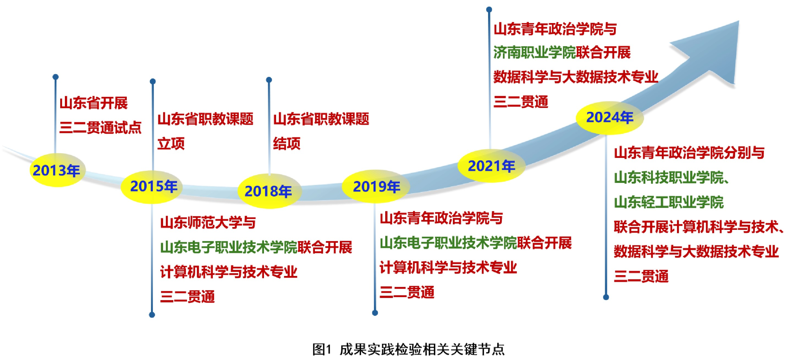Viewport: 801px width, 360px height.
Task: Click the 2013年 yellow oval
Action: coord(57,170)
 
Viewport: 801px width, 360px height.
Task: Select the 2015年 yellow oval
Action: coord(152,187)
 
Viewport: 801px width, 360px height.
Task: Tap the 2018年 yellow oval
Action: coord(269,191)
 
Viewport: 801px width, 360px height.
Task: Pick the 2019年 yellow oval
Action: coord(376,186)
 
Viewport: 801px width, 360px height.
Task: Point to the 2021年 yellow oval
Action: coord(492,166)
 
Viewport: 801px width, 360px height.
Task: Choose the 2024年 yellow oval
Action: coord(610,117)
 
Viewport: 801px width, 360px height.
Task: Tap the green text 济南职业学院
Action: coord(534,52)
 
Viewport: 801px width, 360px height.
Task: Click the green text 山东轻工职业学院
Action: coord(669,202)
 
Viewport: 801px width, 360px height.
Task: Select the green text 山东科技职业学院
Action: coord(669,177)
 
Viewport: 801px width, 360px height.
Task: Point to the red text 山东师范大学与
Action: coord(208,222)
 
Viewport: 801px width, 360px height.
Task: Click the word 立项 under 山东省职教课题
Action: coord(171,143)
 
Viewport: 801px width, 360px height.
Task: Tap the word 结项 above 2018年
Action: coord(287,143)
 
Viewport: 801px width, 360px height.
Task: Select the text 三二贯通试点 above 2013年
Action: coord(101,127)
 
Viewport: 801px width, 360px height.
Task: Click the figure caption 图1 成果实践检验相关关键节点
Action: coord(408,349)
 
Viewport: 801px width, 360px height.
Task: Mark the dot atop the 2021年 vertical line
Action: coord(489,9)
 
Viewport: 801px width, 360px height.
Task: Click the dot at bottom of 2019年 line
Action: coord(375,313)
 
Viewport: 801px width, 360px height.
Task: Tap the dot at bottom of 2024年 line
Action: coord(606,297)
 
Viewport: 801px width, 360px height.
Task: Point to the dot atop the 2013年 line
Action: coord(56,77)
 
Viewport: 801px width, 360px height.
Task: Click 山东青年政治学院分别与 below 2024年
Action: coord(689,152)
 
